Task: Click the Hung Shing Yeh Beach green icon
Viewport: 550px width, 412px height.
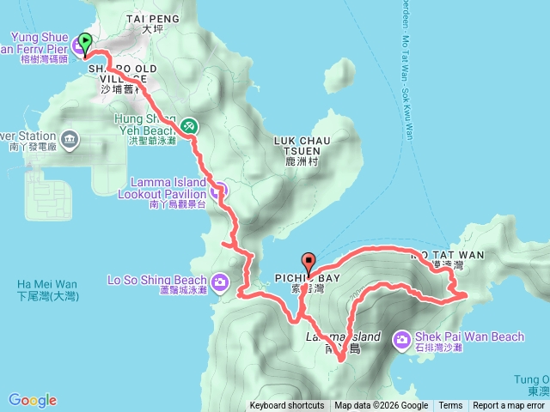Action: (x=188, y=126)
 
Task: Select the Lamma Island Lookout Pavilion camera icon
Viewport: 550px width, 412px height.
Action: (x=220, y=189)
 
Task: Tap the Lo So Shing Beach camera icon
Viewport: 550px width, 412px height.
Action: (x=220, y=281)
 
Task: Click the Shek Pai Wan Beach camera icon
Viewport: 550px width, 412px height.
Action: (x=401, y=340)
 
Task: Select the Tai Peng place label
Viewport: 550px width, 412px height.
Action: (x=151, y=17)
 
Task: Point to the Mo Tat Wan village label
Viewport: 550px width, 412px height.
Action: (x=447, y=255)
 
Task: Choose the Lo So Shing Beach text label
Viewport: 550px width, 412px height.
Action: (x=157, y=280)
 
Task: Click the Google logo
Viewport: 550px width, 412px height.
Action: (x=33, y=400)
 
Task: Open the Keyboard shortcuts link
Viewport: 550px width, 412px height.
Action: (x=287, y=406)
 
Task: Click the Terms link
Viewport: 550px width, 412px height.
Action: (x=450, y=406)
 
